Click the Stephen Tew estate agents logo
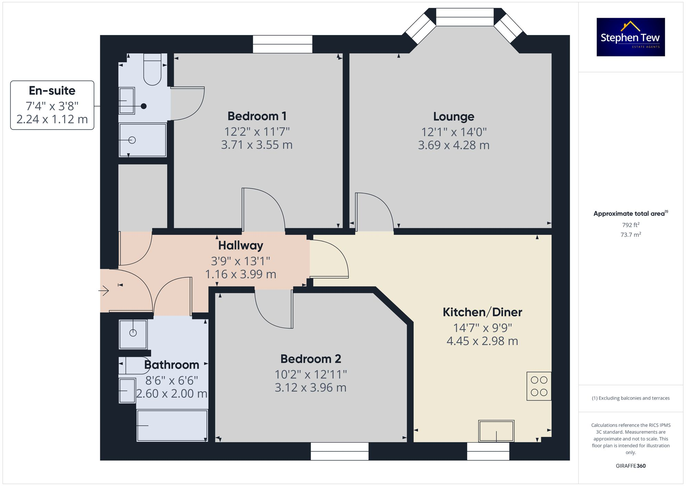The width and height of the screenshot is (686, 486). point(630,37)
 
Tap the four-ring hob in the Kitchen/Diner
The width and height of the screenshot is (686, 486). point(539,386)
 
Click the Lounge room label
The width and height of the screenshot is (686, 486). point(453,116)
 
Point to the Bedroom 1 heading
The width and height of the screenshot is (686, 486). point(257,116)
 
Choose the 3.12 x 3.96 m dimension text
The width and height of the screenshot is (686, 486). point(310,387)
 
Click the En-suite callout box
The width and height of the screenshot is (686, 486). point(52,105)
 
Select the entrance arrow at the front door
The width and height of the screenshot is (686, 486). point(104,291)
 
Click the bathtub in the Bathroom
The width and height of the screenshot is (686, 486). point(172,426)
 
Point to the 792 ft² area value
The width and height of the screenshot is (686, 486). point(630,225)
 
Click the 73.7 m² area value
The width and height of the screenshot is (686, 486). point(630,235)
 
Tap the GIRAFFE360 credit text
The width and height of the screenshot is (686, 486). point(630,466)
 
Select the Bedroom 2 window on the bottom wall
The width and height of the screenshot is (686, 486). point(340,451)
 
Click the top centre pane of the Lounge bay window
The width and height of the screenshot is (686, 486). point(465,17)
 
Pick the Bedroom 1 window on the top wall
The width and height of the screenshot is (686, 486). point(282,44)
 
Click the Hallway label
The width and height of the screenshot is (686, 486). point(240,246)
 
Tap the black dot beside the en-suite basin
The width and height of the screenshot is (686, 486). point(144,106)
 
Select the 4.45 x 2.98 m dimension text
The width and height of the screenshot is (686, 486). point(482,341)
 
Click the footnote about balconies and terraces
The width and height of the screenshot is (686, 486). point(630,398)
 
